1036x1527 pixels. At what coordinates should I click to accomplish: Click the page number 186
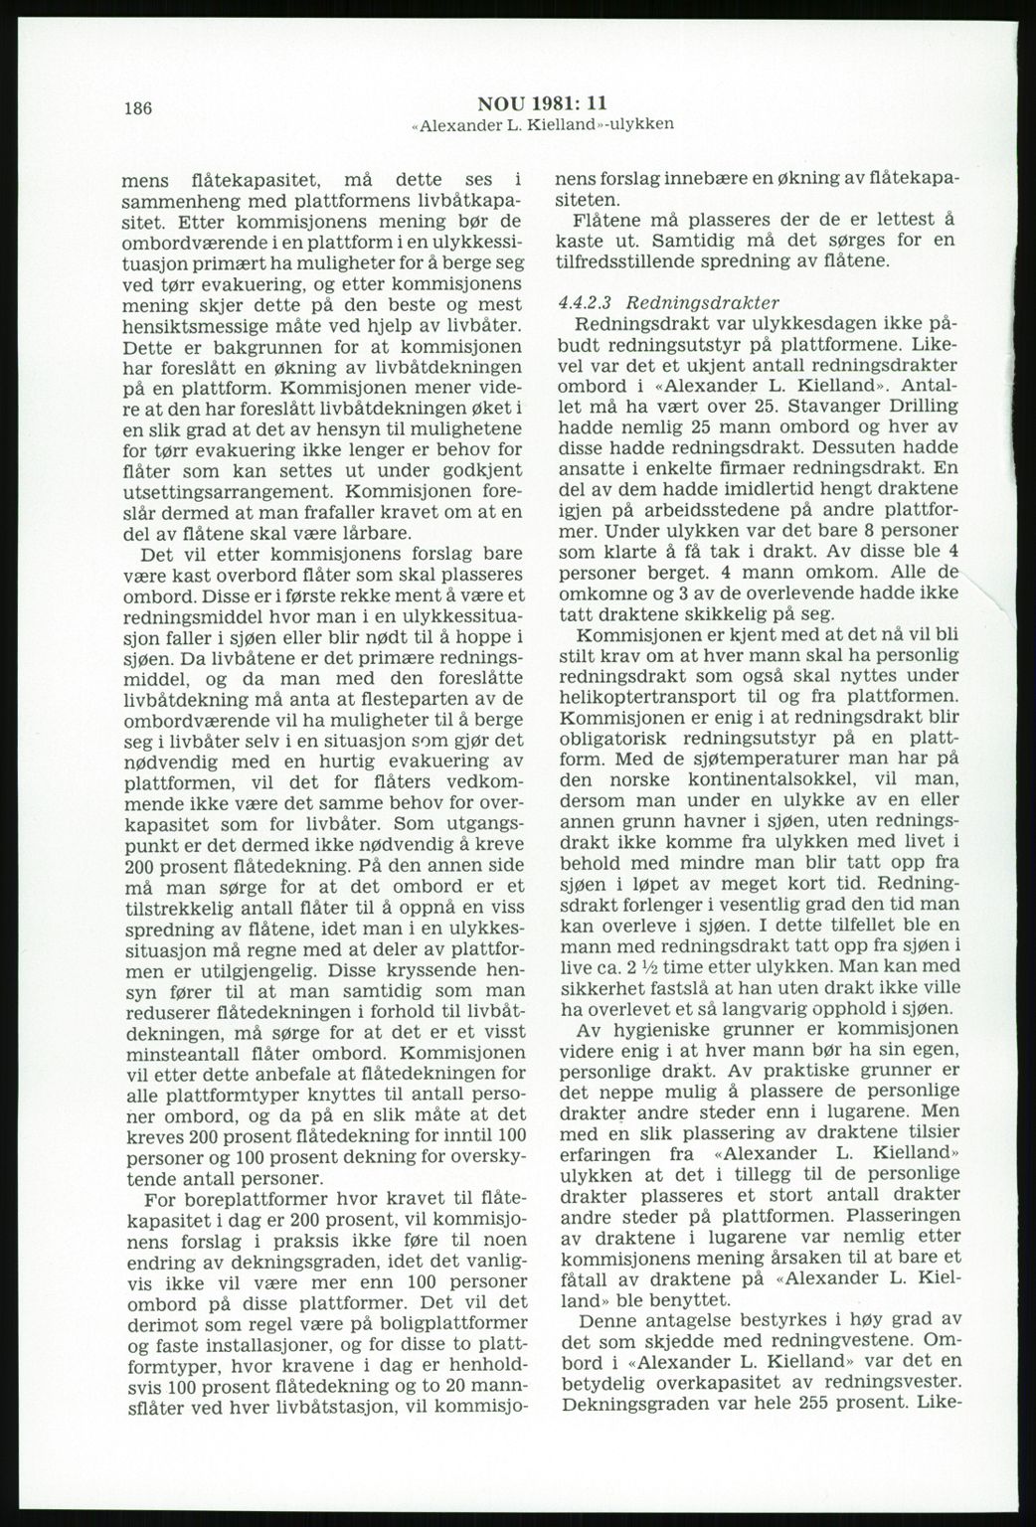[137, 108]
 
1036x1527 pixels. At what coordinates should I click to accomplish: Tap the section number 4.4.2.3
[586, 302]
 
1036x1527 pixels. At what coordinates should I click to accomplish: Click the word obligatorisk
[624, 736]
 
